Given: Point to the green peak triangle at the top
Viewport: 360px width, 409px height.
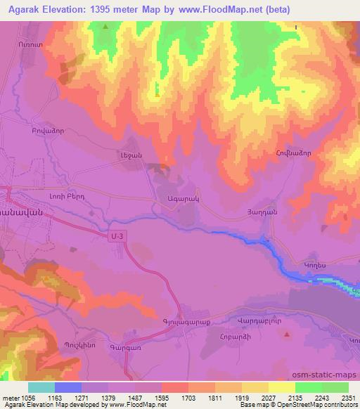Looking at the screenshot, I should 105,27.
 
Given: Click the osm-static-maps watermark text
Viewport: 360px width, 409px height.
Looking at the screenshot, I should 320,374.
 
